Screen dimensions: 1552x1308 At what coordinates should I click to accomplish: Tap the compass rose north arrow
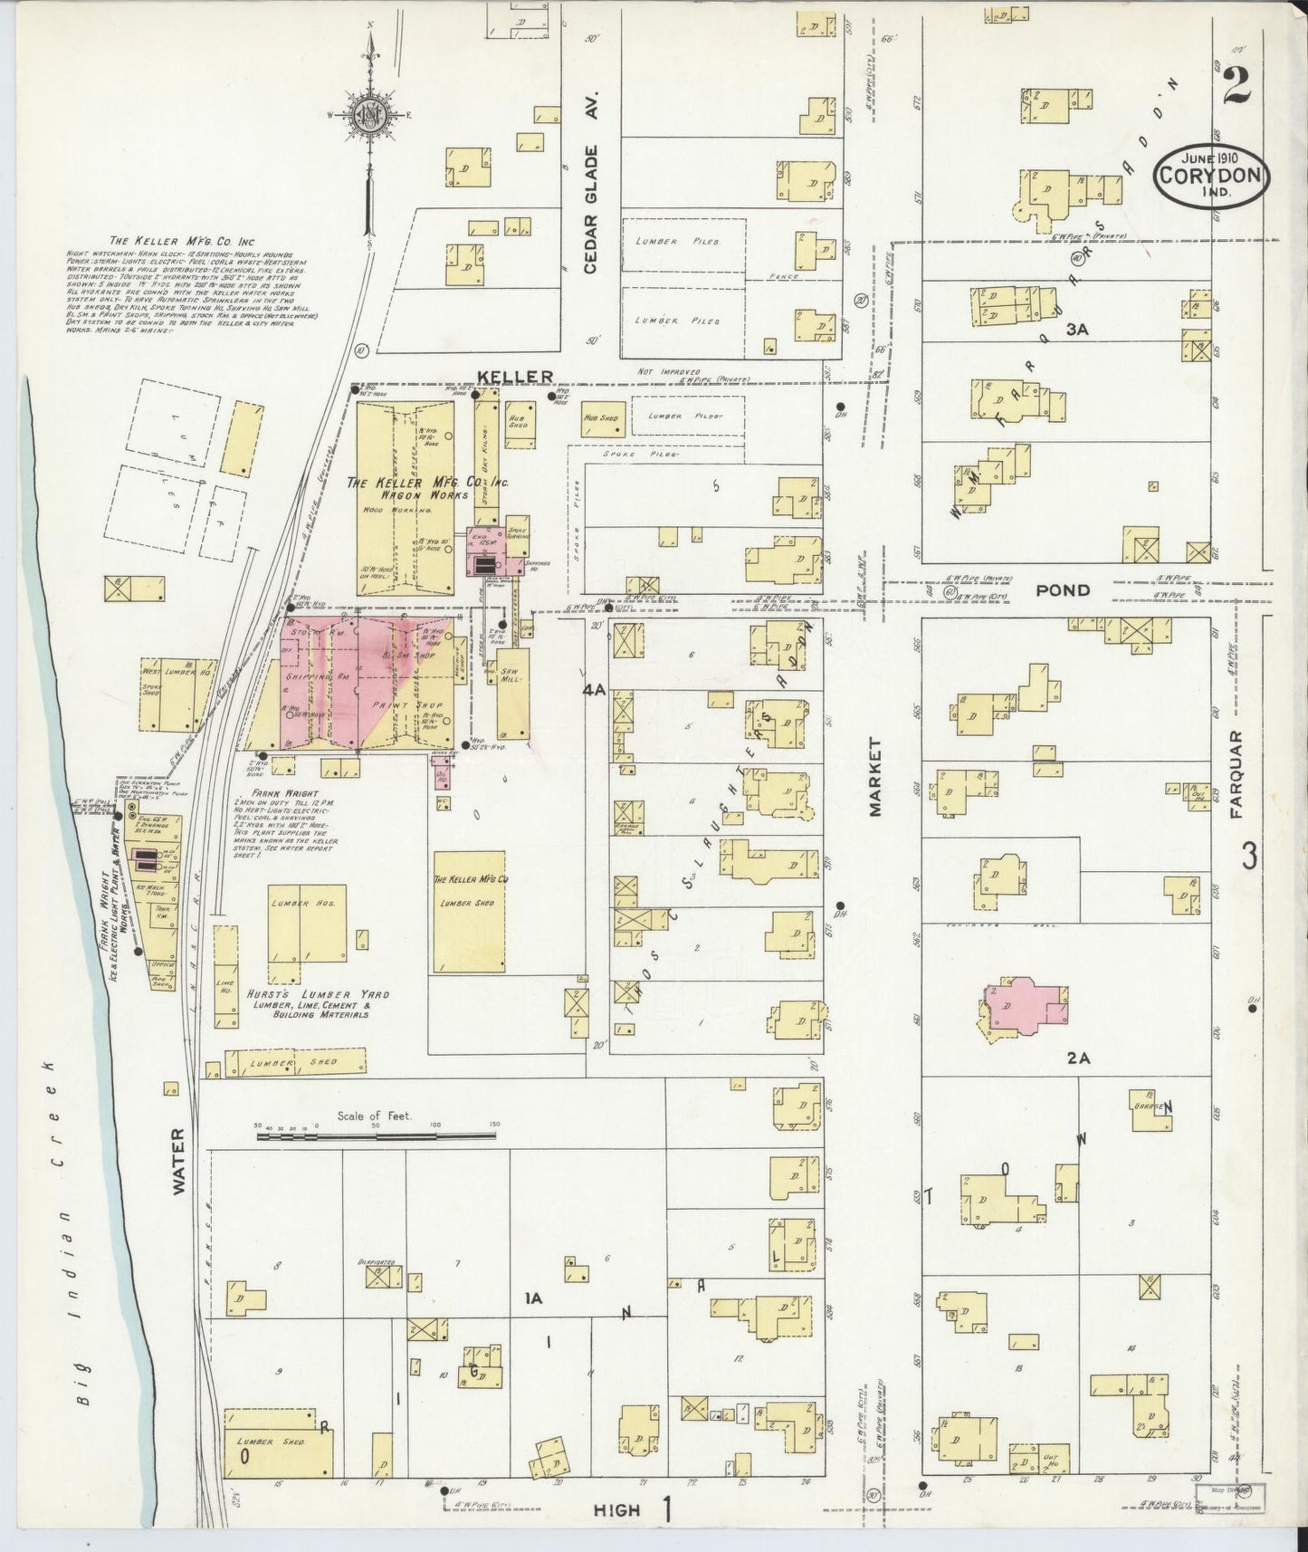pyautogui.click(x=370, y=114)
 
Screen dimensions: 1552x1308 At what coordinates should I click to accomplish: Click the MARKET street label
pyautogui.click(x=875, y=777)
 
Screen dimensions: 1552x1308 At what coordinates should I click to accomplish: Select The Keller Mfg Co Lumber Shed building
pyautogui.click(x=469, y=913)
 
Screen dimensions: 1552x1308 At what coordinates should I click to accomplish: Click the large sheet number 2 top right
pyautogui.click(x=1234, y=88)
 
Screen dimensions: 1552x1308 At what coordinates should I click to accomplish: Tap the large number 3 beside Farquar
pyautogui.click(x=1249, y=855)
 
